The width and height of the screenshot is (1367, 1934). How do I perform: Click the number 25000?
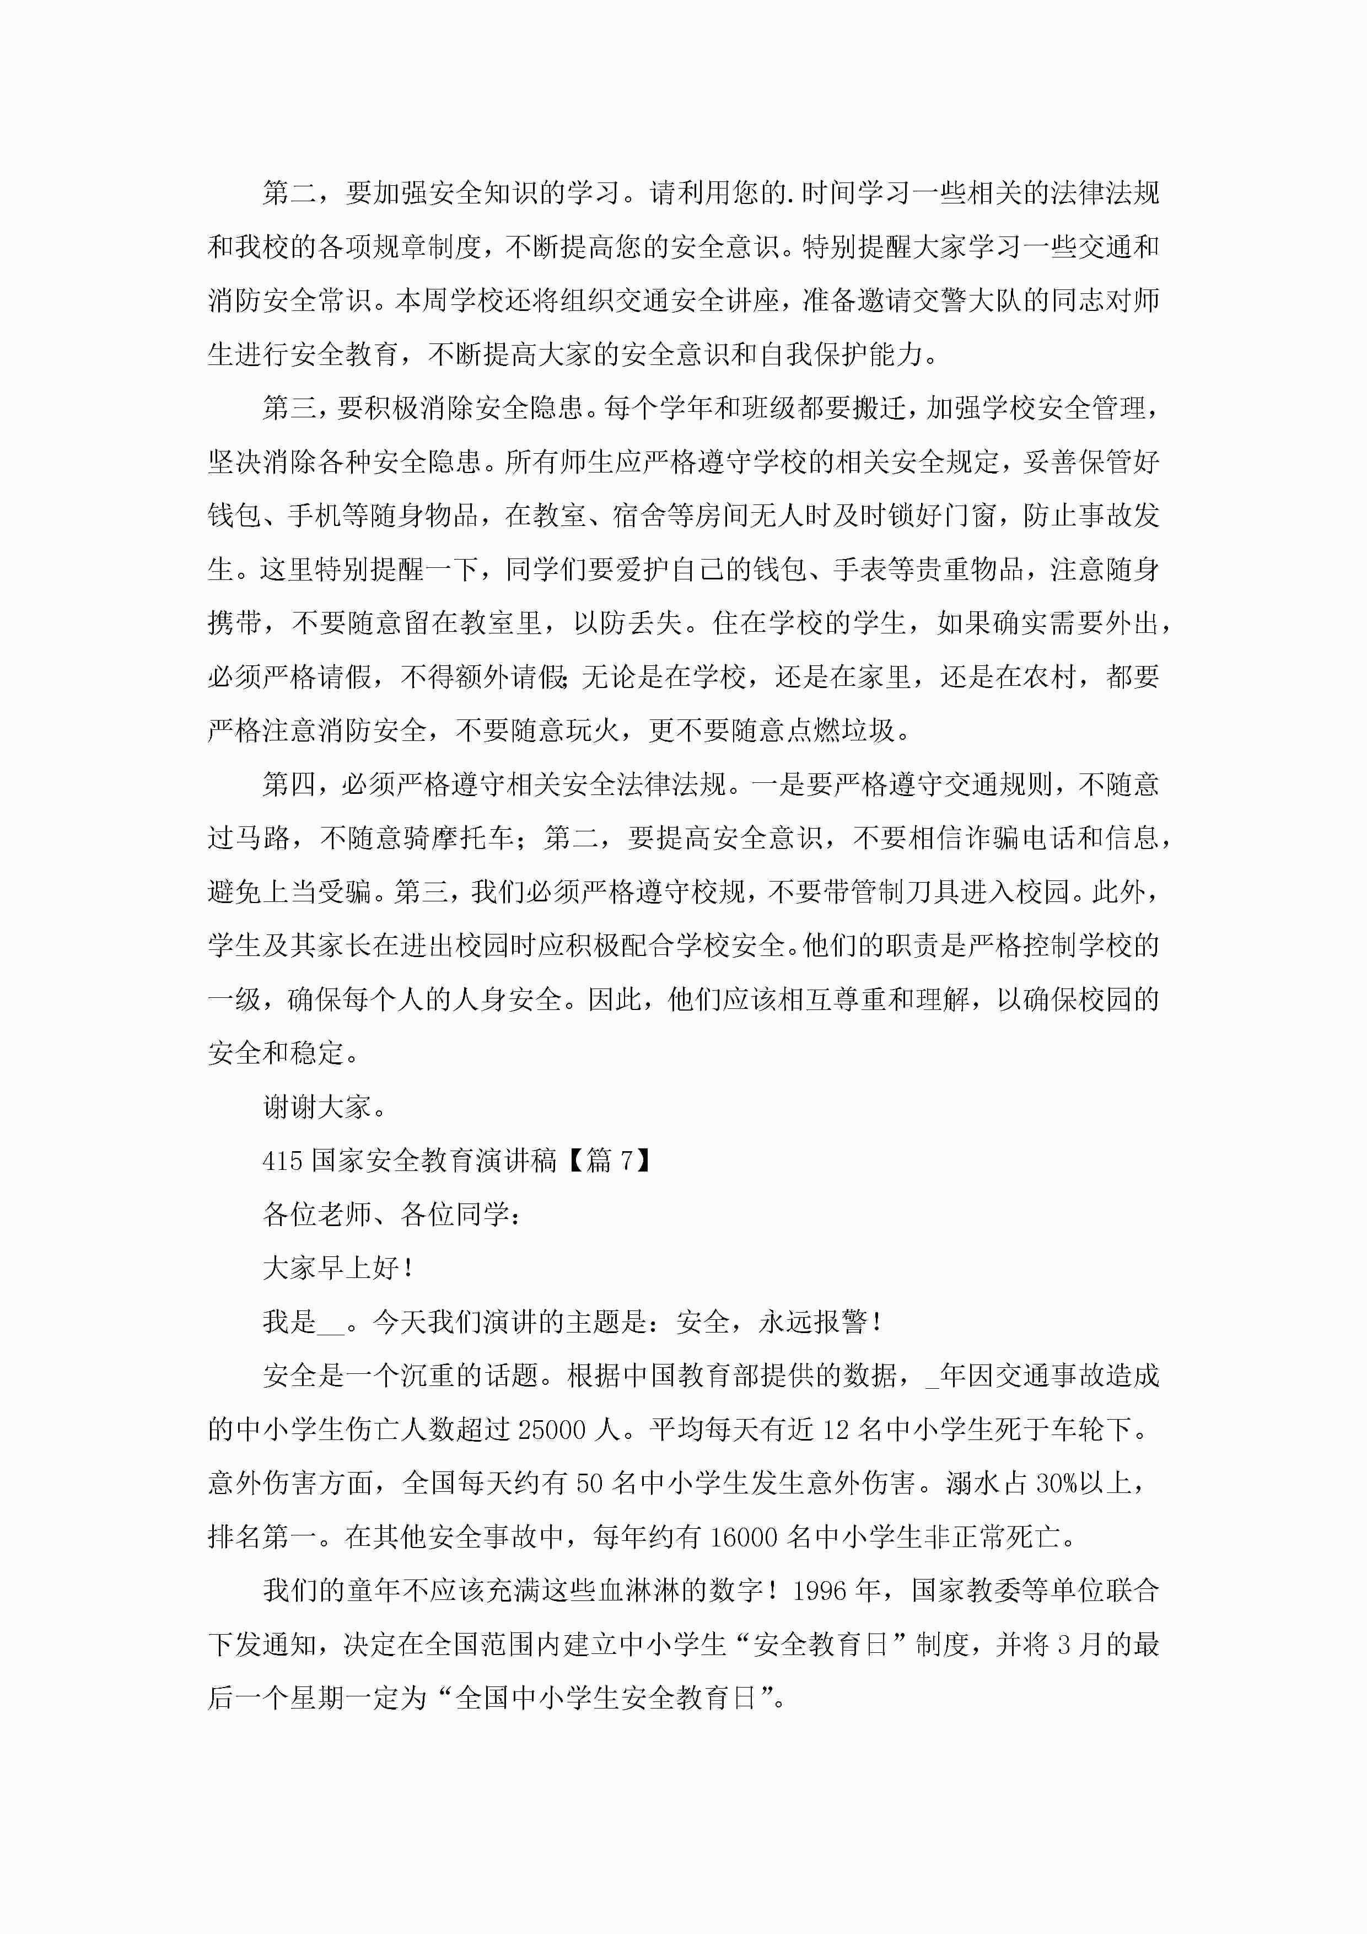[x=552, y=1430]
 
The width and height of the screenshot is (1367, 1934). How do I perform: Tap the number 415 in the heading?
[x=282, y=1161]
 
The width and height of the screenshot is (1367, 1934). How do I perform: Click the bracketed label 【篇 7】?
[x=609, y=1161]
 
